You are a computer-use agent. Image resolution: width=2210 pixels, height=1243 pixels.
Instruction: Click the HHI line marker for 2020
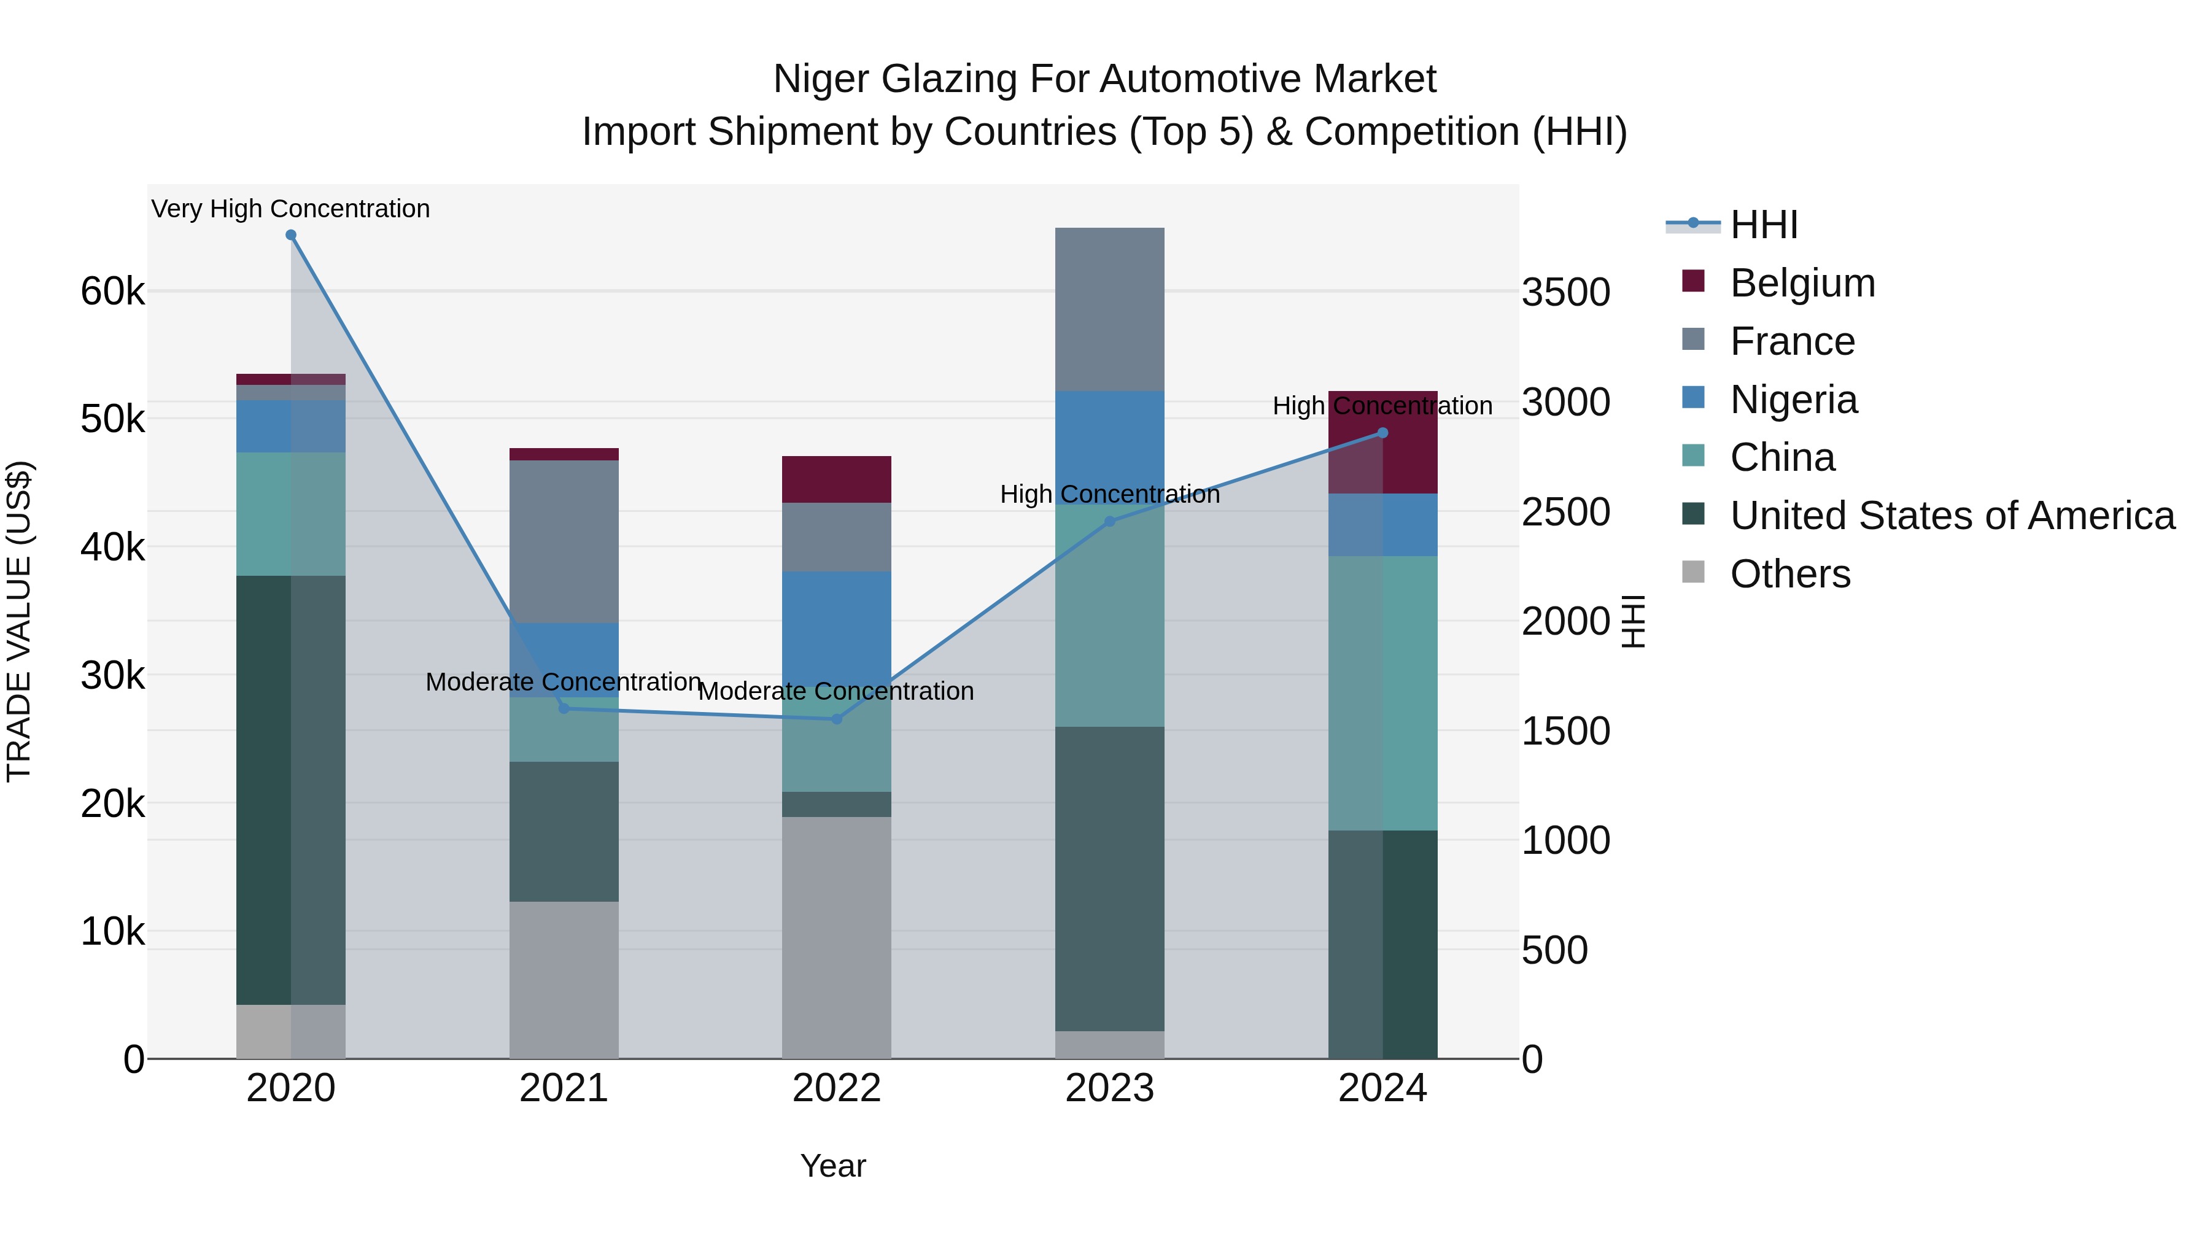(x=291, y=235)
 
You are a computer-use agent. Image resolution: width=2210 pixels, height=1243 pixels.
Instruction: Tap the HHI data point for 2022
(x=837, y=719)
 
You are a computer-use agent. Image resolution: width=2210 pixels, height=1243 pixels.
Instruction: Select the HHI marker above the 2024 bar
(x=1382, y=433)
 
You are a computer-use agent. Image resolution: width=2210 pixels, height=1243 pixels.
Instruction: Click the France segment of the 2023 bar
(x=1109, y=309)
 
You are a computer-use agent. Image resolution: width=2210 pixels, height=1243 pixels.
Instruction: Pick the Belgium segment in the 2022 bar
(x=837, y=479)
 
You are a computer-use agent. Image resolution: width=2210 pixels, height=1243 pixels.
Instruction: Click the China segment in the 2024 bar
(x=1382, y=692)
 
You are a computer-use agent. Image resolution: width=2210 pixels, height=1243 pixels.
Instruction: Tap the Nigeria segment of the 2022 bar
(x=837, y=626)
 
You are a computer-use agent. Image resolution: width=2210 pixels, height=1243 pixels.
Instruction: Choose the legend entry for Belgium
(x=1802, y=283)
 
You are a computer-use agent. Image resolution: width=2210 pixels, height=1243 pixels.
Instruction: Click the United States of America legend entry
(x=1952, y=516)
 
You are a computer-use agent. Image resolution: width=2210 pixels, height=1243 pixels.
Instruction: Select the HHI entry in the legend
(x=1763, y=225)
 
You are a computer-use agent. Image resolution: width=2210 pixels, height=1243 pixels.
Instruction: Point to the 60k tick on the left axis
(x=112, y=292)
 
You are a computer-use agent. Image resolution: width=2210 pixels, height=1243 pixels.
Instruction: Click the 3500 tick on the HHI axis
(x=1565, y=293)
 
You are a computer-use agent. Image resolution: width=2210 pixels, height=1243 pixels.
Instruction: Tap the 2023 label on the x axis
(x=1109, y=1088)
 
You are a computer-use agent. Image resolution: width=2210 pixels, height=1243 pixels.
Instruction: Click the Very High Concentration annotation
(x=291, y=209)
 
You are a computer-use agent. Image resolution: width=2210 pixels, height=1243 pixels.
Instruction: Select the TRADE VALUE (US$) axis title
(x=19, y=621)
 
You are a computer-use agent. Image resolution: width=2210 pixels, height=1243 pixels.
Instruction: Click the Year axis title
(x=833, y=1166)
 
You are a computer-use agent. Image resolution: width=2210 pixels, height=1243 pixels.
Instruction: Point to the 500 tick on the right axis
(x=1554, y=950)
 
